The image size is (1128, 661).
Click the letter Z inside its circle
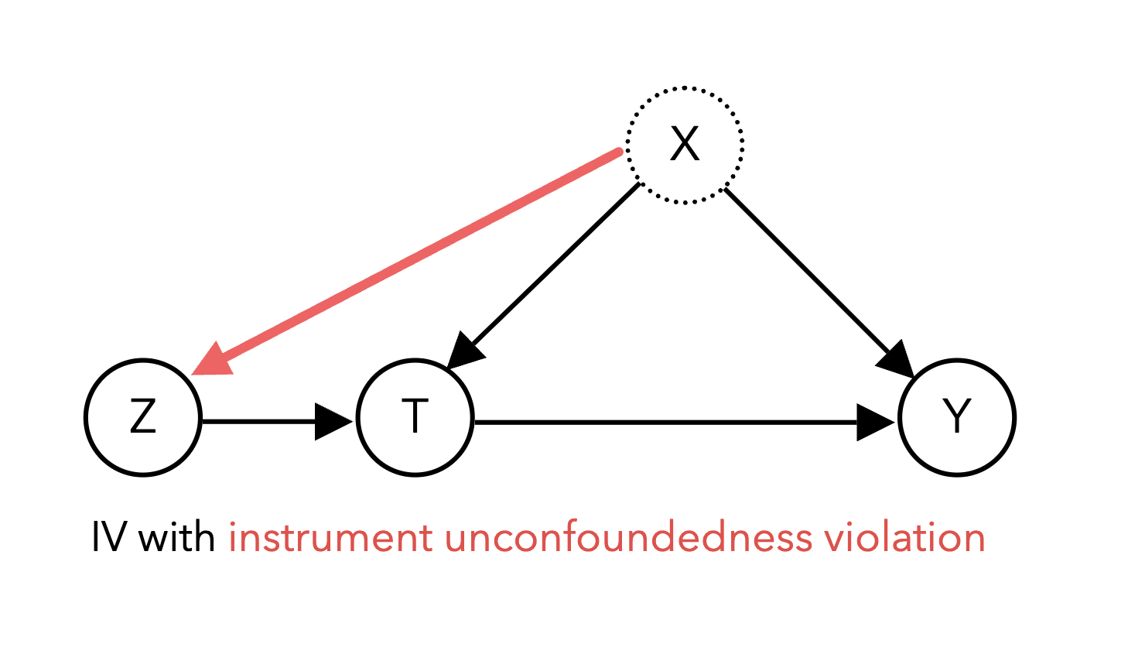tap(143, 416)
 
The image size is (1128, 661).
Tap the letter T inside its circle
tap(415, 416)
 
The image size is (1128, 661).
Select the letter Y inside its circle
tap(957, 416)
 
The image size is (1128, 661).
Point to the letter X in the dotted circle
tap(685, 144)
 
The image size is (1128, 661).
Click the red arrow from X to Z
tap(407, 262)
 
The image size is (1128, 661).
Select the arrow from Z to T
tap(277, 421)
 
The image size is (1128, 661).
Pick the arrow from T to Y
tap(685, 422)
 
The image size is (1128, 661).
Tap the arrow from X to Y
tap(819, 283)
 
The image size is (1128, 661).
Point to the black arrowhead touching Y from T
tap(877, 422)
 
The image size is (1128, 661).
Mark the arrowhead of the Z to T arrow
tap(333, 421)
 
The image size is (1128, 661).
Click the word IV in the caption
tap(108, 538)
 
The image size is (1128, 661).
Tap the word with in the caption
tap(176, 536)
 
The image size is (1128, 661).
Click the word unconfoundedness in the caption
tap(628, 536)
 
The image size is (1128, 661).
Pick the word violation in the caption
tap(904, 536)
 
